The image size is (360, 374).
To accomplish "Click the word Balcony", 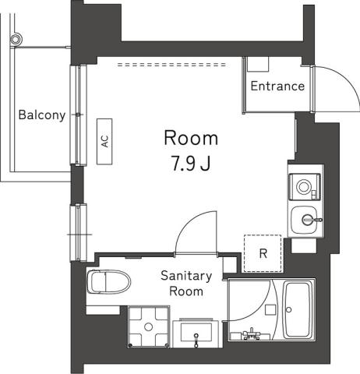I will click(x=41, y=115).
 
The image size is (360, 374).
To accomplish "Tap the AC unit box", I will click(x=104, y=141).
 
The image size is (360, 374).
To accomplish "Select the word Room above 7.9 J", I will click(x=190, y=139).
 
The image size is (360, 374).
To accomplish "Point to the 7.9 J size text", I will click(x=190, y=166).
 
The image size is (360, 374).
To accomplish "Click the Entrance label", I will click(x=277, y=86).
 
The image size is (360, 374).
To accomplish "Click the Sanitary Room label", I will click(x=186, y=284).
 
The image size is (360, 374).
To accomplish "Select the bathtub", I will click(x=299, y=309).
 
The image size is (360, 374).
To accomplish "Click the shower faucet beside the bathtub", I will click(x=252, y=335).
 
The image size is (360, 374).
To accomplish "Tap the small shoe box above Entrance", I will click(x=259, y=65).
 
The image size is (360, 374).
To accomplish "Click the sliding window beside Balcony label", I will click(x=79, y=115).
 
